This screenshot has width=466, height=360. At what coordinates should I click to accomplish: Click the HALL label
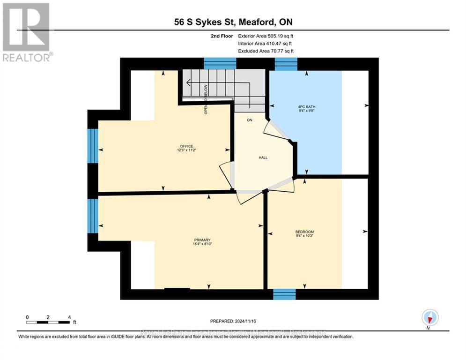[263, 158]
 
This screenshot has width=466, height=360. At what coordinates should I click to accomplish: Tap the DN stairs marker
[250, 120]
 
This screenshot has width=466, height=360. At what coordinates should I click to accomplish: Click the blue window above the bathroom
[286, 64]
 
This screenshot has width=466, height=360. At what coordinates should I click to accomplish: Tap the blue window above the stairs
[220, 63]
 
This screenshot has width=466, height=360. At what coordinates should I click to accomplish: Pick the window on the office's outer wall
[93, 145]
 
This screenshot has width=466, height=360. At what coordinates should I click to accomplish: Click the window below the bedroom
[284, 294]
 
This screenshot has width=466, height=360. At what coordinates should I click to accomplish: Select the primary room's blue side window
[93, 216]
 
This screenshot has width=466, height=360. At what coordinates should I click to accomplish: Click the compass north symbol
[429, 318]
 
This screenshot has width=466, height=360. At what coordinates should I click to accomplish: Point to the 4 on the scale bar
[69, 317]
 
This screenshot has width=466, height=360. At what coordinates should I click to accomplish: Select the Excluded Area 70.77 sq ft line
[266, 51]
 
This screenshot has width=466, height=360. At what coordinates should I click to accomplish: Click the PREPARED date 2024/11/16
[233, 321]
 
